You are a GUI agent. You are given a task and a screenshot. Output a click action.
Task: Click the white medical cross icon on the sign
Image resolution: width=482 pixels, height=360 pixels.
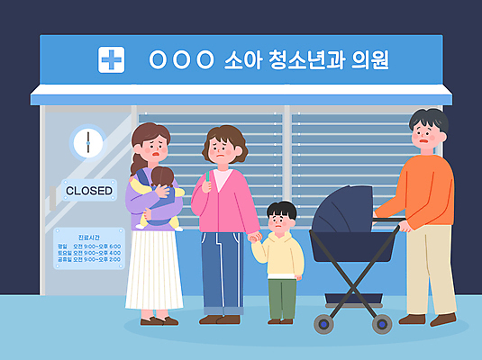tap(111, 60)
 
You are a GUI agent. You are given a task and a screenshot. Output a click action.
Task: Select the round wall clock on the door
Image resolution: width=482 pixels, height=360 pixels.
tap(88, 142)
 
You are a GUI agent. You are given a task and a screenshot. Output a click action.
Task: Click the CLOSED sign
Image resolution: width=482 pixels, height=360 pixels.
tap(89, 191)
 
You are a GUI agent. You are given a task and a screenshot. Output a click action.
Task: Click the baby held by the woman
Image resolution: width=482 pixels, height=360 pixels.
tap(159, 193)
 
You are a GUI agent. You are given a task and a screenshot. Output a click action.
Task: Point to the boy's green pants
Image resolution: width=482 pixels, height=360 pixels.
tap(281, 298)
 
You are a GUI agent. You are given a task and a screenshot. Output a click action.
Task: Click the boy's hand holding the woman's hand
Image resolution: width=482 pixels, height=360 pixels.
tap(255, 238)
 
